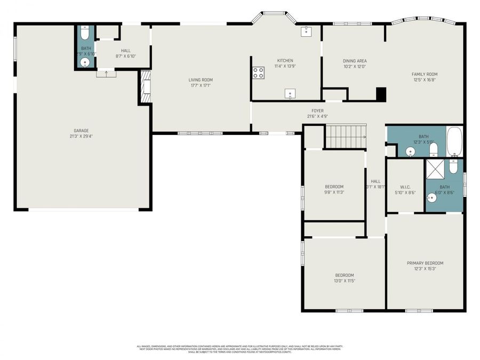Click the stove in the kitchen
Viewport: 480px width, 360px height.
(258, 73)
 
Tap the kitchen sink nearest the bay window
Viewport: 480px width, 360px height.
(306, 31)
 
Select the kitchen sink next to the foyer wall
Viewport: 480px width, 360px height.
(290, 94)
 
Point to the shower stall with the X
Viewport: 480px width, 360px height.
(436, 172)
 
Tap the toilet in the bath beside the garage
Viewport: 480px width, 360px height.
(84, 35)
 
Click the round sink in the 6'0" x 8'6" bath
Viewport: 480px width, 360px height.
(432, 198)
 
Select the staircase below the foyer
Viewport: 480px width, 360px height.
(346, 136)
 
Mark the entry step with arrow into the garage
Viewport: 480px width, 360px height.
(106, 74)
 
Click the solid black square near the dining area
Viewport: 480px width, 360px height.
(381, 94)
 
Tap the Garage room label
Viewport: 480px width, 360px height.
(81, 131)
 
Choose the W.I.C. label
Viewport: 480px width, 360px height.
(404, 187)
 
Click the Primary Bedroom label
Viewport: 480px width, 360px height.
(425, 263)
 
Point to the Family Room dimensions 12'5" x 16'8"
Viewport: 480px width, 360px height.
(425, 80)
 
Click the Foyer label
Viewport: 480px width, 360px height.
(317, 111)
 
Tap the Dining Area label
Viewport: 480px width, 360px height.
(355, 61)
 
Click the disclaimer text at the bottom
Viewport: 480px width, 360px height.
(240, 349)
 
